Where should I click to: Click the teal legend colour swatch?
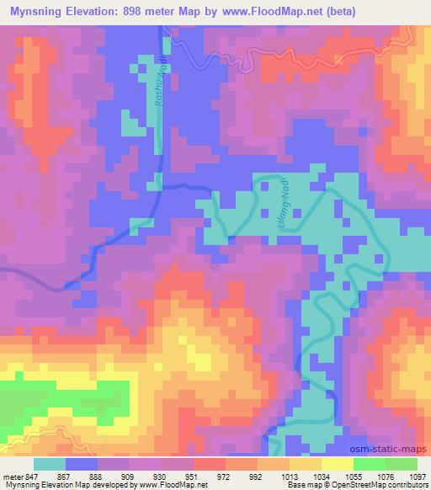50,464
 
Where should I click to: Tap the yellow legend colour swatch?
337,464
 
